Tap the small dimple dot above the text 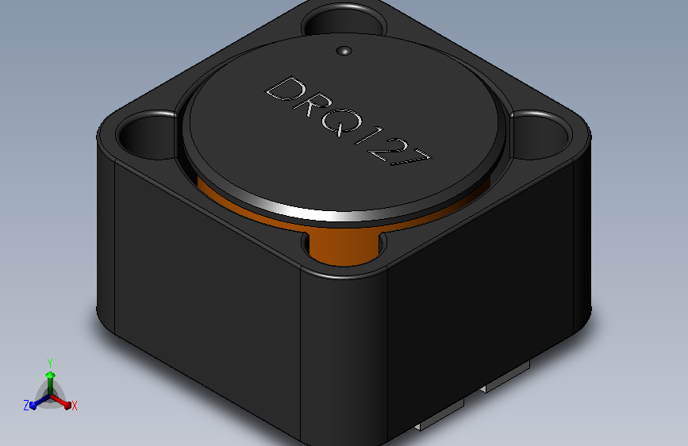343,52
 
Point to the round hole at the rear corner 336,21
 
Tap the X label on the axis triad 75,406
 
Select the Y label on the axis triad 50,362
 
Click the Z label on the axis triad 26,406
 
